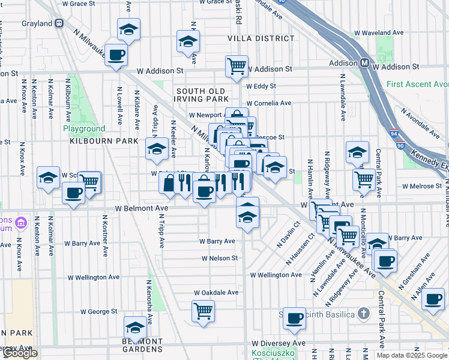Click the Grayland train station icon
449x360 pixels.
pyautogui.click(x=59, y=23)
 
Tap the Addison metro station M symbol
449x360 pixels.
pyautogui.click(x=364, y=63)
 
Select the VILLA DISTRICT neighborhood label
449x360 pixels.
pyautogui.click(x=261, y=38)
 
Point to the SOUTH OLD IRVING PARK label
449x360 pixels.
pyautogui.click(x=203, y=95)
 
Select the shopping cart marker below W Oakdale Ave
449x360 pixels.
pyautogui.click(x=203, y=311)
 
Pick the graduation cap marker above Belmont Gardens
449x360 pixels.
pyautogui.click(x=135, y=328)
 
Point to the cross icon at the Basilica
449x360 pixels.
pyautogui.click(x=363, y=313)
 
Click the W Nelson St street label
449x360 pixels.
pyautogui.click(x=220, y=258)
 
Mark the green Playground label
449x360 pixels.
pyautogui.click(x=85, y=128)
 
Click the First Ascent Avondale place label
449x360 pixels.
pyautogui.click(x=418, y=84)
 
